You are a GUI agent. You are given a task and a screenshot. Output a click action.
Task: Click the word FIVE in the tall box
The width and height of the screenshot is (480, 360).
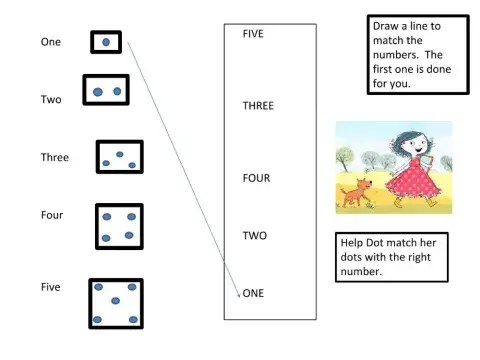(x=253, y=34)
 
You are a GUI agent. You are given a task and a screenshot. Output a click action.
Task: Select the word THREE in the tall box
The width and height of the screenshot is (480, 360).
(x=258, y=105)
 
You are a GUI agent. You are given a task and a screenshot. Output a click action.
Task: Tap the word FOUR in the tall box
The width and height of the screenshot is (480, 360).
(x=256, y=178)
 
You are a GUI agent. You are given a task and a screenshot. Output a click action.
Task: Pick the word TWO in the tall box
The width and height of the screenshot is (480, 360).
(x=254, y=236)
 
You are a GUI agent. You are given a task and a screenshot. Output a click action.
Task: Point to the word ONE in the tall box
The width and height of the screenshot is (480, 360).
(x=254, y=293)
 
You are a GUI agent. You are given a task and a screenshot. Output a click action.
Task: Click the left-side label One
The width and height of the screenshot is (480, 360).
(x=50, y=42)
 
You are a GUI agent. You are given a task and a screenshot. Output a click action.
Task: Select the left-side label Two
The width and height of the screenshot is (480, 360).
(x=51, y=100)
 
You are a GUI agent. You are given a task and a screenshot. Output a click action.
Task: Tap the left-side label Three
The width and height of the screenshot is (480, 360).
(x=54, y=157)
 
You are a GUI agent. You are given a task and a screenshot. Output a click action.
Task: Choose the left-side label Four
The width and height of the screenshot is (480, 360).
(x=52, y=215)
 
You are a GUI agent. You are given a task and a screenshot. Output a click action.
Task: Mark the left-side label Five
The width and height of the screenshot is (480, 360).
(x=50, y=287)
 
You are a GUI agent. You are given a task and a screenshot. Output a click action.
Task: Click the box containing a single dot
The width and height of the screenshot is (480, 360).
(x=106, y=43)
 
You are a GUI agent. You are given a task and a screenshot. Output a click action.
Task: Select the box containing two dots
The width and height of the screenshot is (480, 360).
(x=106, y=92)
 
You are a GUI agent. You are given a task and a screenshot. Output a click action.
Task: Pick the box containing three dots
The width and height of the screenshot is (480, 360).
(x=121, y=157)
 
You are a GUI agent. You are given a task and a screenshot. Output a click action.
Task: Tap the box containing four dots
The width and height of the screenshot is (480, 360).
(x=118, y=226)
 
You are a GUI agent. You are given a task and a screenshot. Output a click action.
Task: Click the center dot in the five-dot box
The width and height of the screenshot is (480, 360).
(x=115, y=301)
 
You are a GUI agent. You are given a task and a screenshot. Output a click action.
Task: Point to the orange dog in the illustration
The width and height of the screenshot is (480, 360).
(x=354, y=193)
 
